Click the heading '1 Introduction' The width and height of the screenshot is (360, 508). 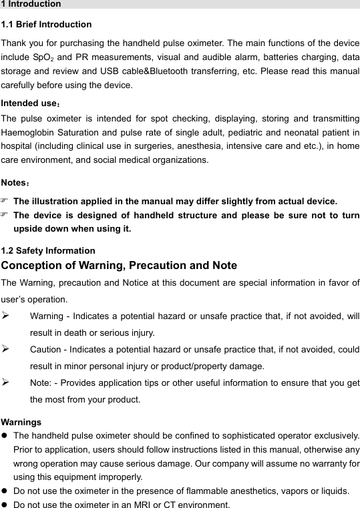[x=31, y=4]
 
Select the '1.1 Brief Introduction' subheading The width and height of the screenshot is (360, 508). [x=47, y=25]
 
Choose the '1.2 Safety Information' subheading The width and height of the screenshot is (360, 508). [x=48, y=251]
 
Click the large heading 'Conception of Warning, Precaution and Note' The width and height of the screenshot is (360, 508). [x=119, y=266]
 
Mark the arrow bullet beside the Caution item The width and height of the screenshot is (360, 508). [x=5, y=349]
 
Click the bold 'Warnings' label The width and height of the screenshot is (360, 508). [x=21, y=422]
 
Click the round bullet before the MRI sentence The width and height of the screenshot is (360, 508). [x=5, y=504]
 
